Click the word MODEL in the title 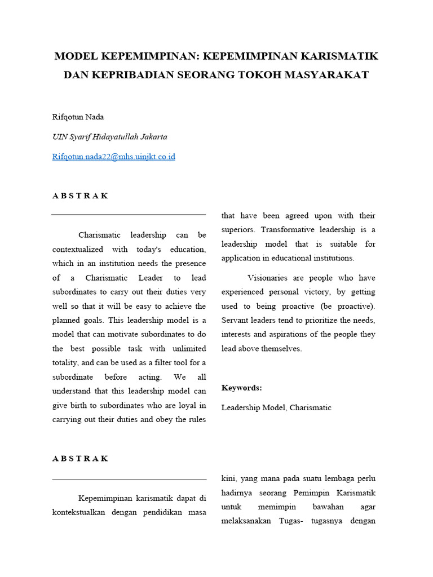click(x=76, y=56)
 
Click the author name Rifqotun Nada click(x=78, y=117)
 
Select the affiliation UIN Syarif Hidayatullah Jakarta click(x=109, y=137)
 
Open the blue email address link click(x=113, y=157)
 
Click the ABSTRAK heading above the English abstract click(x=80, y=196)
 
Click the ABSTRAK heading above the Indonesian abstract click(x=80, y=459)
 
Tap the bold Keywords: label click(x=241, y=388)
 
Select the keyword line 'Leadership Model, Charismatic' click(x=276, y=407)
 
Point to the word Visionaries click(x=268, y=278)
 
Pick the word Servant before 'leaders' click(x=235, y=320)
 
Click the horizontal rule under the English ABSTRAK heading click(x=129, y=215)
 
